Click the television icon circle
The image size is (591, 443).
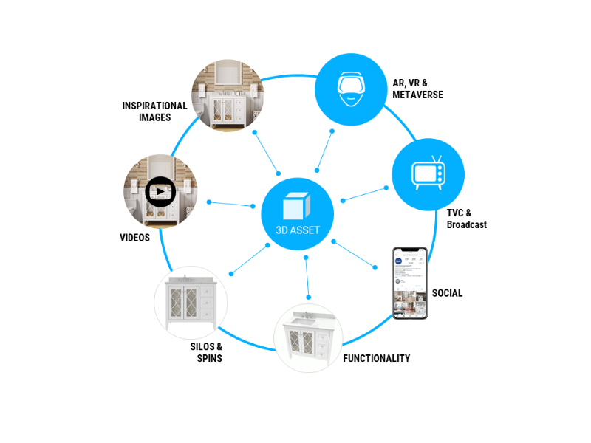tap(428, 174)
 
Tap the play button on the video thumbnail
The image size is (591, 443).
tap(160, 192)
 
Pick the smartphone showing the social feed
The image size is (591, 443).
tap(410, 283)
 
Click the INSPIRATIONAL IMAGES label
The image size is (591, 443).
tap(154, 111)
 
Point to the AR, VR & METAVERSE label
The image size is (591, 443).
tap(418, 89)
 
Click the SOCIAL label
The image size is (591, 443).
tap(447, 293)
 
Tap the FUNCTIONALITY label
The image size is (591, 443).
tap(376, 358)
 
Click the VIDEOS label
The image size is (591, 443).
tap(134, 238)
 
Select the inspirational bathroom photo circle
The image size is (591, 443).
tap(228, 96)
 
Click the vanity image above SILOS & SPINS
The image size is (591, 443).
tap(191, 303)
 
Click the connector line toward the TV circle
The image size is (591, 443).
tap(364, 193)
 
